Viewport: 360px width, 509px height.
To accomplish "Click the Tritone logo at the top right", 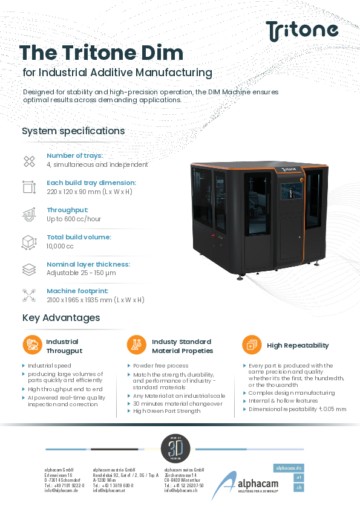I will [x=302, y=29].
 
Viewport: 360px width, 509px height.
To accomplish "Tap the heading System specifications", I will [x=73, y=131].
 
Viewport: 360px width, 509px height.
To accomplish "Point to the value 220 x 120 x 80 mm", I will [x=90, y=192].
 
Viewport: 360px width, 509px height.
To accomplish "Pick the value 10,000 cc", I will [x=61, y=246].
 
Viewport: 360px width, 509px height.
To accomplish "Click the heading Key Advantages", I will [x=61, y=318].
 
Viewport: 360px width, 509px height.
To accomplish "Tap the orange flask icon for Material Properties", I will [x=136, y=345].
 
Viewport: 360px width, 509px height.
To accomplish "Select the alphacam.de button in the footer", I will [x=289, y=468].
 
